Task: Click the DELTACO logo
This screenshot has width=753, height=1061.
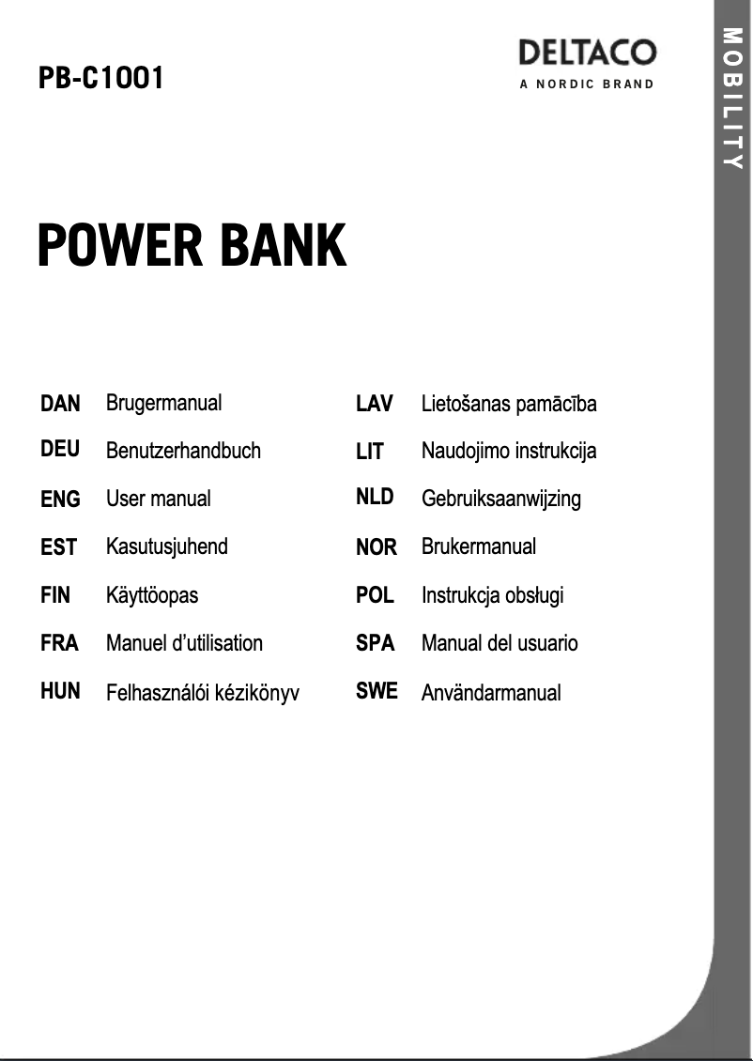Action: (587, 53)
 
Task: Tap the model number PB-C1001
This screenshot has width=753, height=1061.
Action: (101, 79)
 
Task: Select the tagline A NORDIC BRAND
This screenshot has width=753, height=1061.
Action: (587, 85)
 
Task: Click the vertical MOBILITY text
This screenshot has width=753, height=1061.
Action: (733, 99)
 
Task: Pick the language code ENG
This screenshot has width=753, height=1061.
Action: (60, 499)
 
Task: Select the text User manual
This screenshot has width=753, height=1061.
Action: (159, 499)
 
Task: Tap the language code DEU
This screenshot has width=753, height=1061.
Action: (60, 450)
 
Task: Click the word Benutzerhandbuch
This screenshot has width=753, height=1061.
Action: (183, 451)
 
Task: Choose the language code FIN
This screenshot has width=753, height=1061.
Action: (55, 594)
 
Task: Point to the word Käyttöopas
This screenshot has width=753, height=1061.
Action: (152, 595)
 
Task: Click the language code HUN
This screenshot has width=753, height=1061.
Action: (60, 691)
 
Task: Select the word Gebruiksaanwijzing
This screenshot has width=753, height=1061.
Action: (501, 499)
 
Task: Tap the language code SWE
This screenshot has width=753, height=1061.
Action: (376, 691)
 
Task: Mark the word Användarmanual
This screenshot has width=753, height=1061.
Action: (491, 693)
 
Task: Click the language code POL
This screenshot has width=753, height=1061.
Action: (375, 594)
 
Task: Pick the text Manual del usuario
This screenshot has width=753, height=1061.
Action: (499, 643)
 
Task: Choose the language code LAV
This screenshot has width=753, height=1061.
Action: (375, 403)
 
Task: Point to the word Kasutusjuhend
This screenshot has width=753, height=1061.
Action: (167, 546)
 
